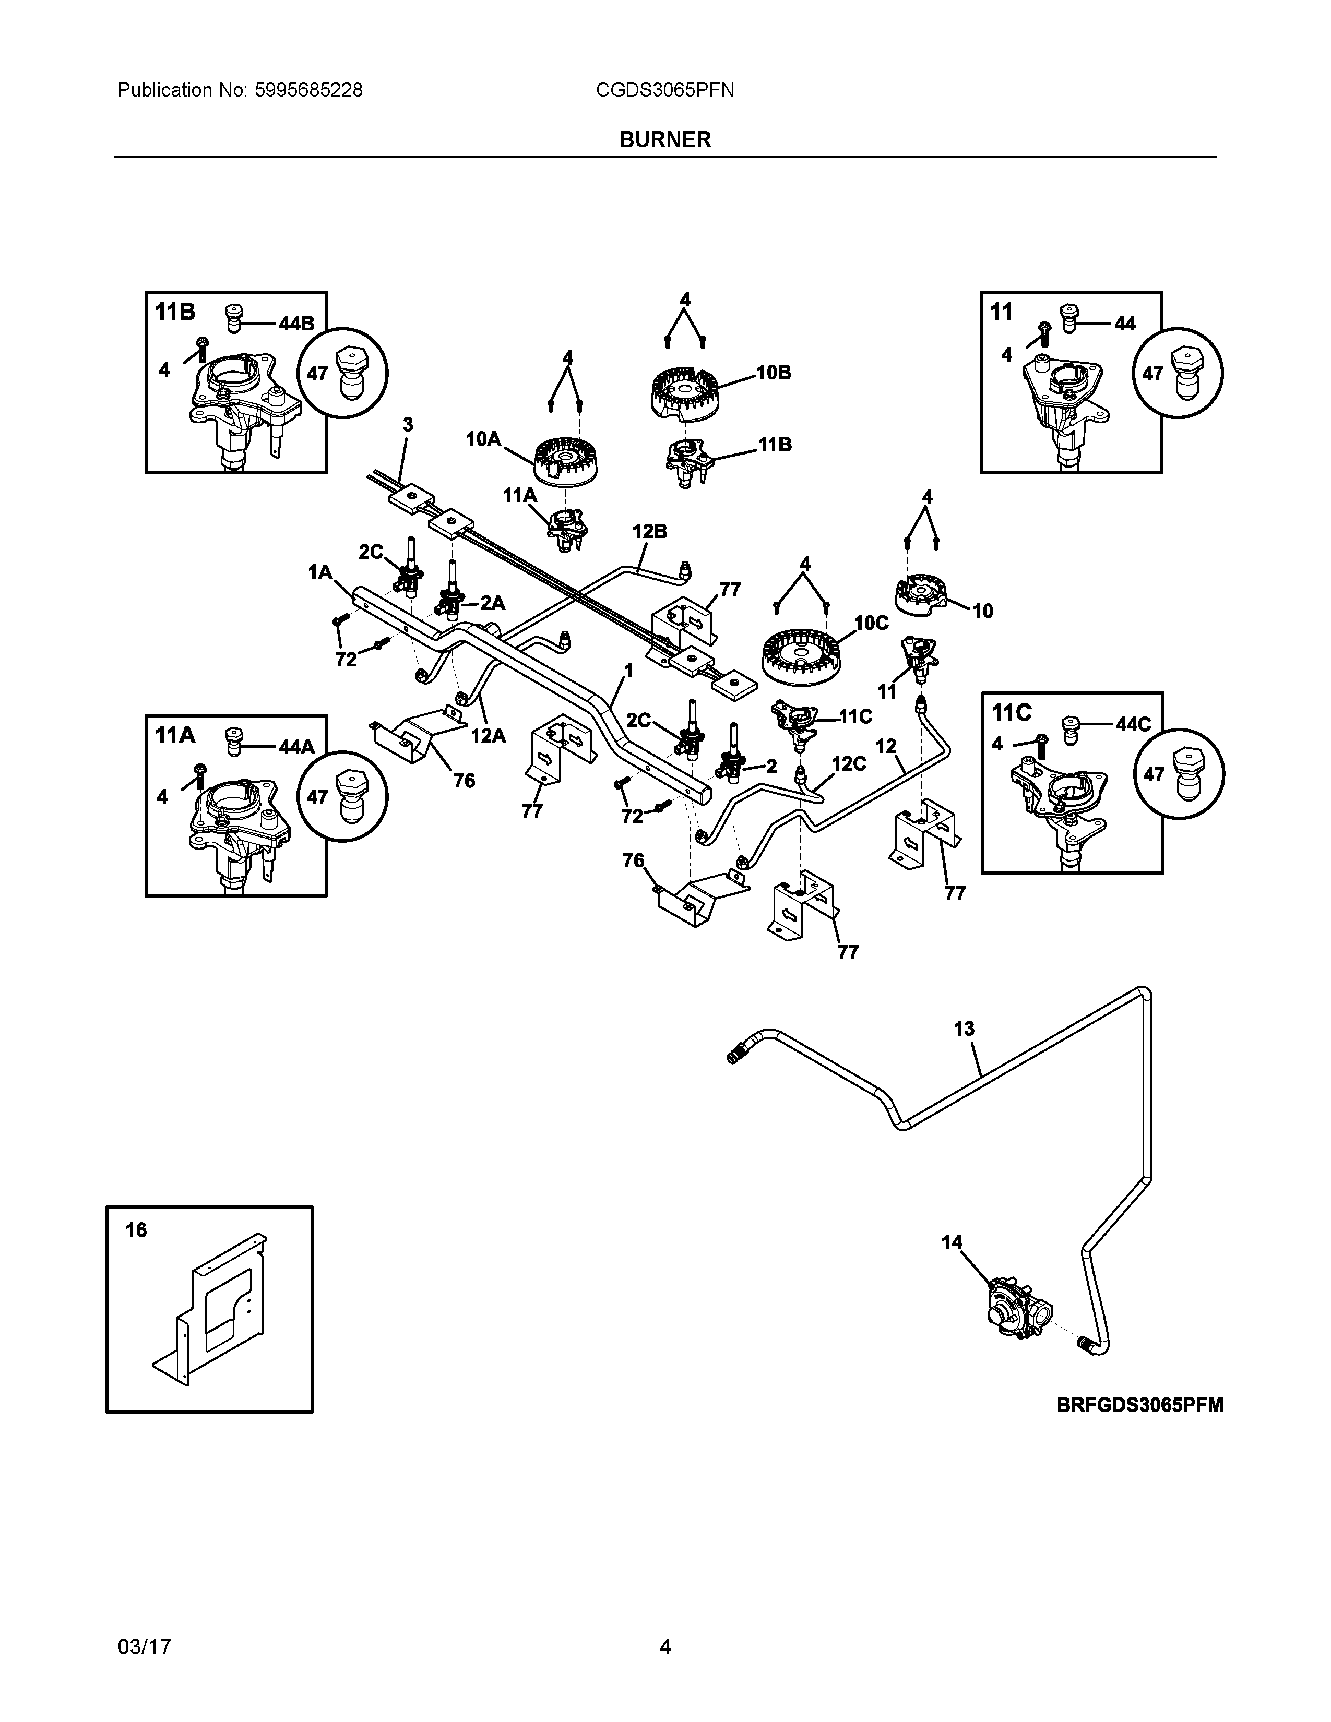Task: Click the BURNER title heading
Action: point(664,139)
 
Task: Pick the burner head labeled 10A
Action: point(566,460)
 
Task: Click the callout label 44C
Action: point(1133,724)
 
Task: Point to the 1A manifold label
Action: point(320,571)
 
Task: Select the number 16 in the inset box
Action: point(136,1229)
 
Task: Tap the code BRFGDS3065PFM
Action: point(1140,1404)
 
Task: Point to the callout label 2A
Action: point(492,603)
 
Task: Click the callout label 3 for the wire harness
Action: point(408,424)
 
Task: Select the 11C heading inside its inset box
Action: point(1012,713)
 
